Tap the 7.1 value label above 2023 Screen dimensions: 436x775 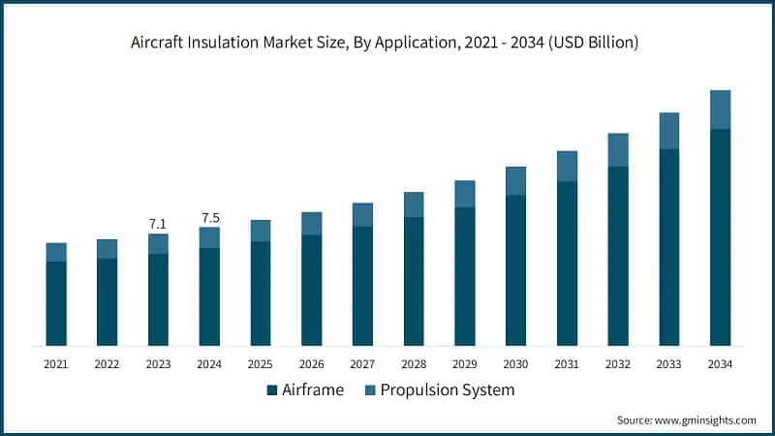coord(158,224)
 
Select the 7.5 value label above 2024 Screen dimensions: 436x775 coord(209,217)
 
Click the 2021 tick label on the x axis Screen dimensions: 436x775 coord(56,364)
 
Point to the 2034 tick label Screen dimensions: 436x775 coord(720,364)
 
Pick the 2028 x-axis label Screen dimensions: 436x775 coord(414,364)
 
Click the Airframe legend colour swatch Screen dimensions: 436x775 coord(271,390)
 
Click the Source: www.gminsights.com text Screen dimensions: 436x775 coord(686,420)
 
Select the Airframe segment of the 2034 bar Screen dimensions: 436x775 coord(720,237)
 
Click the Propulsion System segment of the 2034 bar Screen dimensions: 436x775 coord(720,109)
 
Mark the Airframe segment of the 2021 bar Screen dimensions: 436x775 coord(56,303)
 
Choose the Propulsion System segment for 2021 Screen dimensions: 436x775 coord(56,252)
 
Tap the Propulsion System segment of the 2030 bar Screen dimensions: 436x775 coord(515,181)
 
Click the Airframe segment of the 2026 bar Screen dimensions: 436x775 coord(311,291)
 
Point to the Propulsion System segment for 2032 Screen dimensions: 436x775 coord(618,150)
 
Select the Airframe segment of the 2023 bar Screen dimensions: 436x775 coord(158,299)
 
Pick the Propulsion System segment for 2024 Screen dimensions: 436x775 coord(209,237)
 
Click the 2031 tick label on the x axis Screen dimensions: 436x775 coord(567,364)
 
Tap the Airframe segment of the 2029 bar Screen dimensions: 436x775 coord(465,277)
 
